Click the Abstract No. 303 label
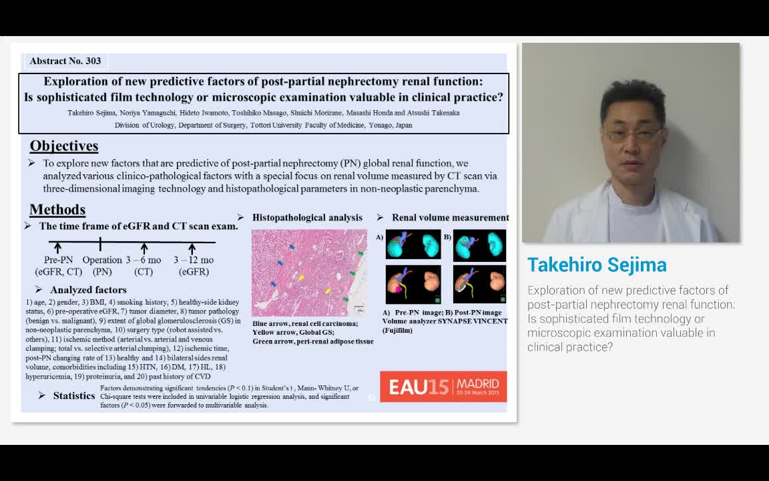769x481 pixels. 65,61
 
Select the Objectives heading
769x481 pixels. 64,146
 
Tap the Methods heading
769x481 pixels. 57,210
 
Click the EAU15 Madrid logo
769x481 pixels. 443,386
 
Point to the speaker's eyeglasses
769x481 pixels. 631,133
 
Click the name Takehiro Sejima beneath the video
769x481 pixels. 597,265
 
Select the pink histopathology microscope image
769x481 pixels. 309,273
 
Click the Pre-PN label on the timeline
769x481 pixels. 58,260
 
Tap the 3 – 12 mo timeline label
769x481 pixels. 194,260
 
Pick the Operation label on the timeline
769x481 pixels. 102,260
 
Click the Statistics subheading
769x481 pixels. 74,395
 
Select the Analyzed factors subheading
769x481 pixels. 88,290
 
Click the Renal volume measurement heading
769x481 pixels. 450,218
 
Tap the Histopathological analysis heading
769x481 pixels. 307,218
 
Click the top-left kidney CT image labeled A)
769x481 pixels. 413,245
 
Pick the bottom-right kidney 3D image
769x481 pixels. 479,285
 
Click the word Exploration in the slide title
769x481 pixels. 75,82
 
